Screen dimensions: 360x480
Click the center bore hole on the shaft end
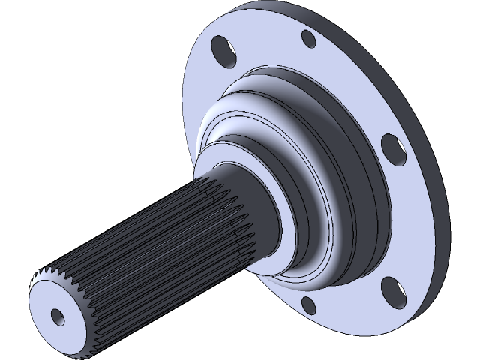(58, 315)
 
